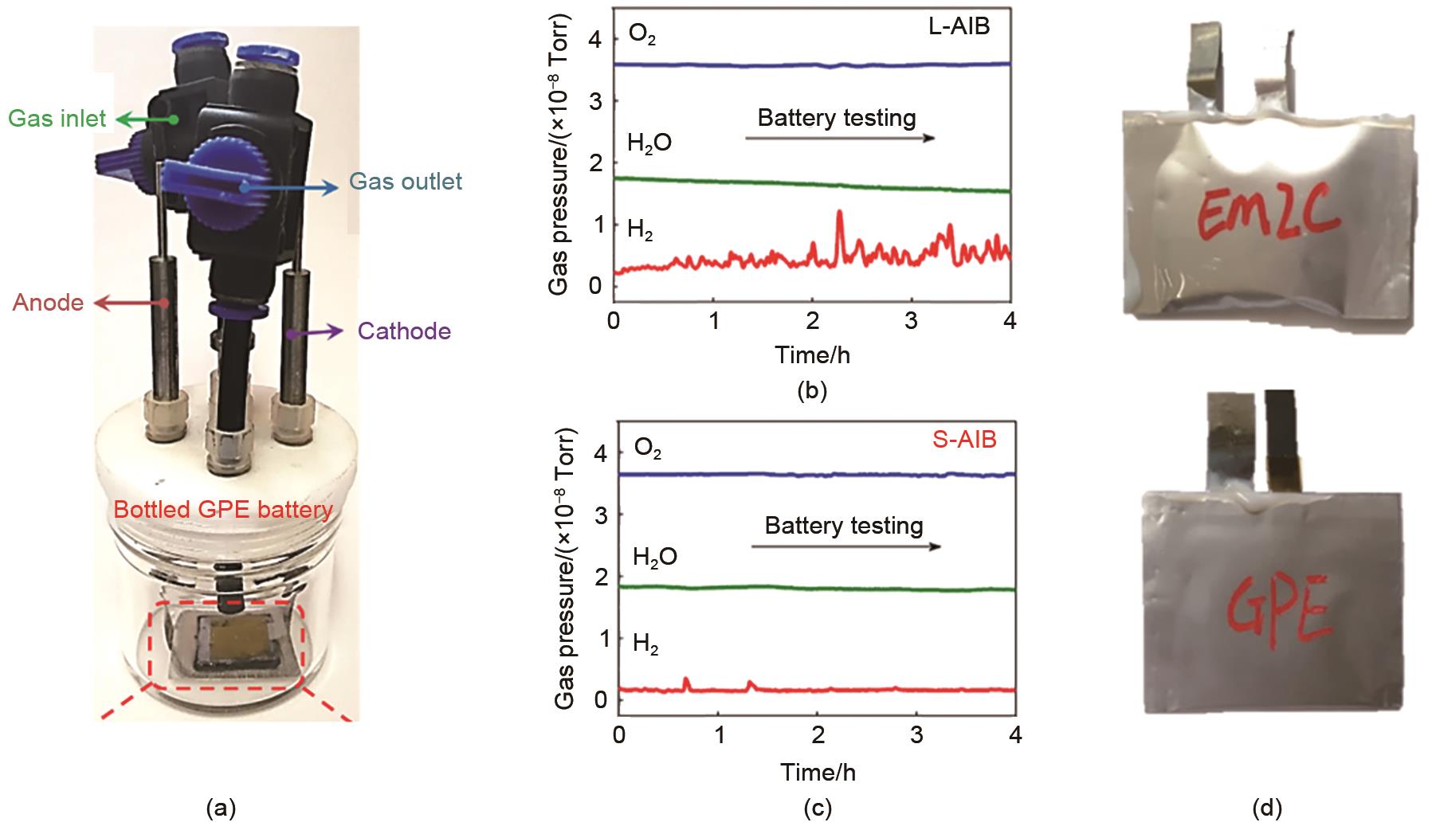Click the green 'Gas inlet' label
pos(57,119)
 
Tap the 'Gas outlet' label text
pos(406,182)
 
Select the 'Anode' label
pos(48,303)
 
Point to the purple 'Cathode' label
pos(404,331)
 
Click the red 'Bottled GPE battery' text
pos(223,510)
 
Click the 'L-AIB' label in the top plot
pos(959,26)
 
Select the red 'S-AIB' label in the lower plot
pos(964,439)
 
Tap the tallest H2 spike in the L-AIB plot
pos(839,213)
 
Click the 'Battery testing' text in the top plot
pos(836,118)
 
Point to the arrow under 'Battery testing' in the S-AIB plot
pos(845,546)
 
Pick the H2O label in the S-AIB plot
pos(654,557)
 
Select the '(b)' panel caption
pos(812,391)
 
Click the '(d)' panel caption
pos(1266,809)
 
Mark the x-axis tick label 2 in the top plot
pos(813,321)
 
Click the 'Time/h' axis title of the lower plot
pos(818,772)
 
